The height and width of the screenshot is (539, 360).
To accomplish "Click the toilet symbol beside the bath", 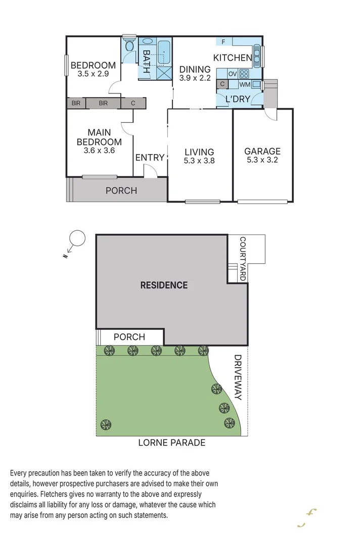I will point(129,46).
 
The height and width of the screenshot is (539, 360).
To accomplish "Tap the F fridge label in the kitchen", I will point(223,42).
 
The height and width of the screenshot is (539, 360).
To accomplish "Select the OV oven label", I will point(233,74).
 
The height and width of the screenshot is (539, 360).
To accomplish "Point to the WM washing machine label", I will point(244,84).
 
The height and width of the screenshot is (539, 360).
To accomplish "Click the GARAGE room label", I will point(262,151).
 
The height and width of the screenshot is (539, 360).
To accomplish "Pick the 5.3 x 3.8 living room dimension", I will point(199,161).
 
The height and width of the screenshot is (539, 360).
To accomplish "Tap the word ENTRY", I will point(150,158).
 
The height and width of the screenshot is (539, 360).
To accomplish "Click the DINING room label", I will point(195,70).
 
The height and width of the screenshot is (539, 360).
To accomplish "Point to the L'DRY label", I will point(238,99).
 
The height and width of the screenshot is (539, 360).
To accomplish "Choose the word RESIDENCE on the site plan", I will point(164,285).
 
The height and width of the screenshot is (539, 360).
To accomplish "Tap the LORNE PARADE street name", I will point(172,443).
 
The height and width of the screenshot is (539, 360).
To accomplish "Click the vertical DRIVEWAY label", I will point(238,377).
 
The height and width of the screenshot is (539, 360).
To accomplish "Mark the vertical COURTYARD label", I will point(243,259).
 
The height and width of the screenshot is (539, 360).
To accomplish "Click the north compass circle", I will point(77,237).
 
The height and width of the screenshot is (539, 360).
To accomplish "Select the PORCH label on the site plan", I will point(129,337).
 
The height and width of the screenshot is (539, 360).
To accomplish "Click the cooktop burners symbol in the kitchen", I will point(245,74).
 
